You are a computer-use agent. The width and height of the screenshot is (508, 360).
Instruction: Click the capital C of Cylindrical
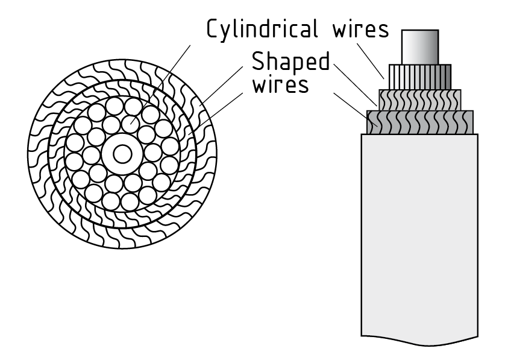click(213, 29)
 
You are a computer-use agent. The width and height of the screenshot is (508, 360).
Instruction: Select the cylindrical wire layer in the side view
click(420, 77)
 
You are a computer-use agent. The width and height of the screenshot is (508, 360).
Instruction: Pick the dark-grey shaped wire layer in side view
click(420, 122)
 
